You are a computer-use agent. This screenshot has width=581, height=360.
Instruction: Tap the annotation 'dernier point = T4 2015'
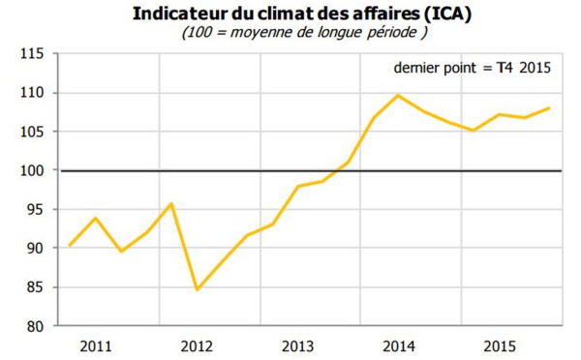[471, 68]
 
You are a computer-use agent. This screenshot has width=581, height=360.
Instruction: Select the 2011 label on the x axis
[96, 345]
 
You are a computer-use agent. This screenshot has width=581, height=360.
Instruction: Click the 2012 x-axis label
[197, 345]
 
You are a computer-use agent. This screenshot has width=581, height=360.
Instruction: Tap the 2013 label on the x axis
[297, 345]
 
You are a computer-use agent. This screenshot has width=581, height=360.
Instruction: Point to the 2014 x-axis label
[398, 345]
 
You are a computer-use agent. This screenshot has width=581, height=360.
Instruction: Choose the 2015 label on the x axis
[499, 345]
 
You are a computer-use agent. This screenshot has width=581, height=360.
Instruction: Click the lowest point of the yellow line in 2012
[197, 289]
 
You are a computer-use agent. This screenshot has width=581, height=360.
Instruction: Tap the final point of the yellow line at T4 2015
[550, 108]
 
